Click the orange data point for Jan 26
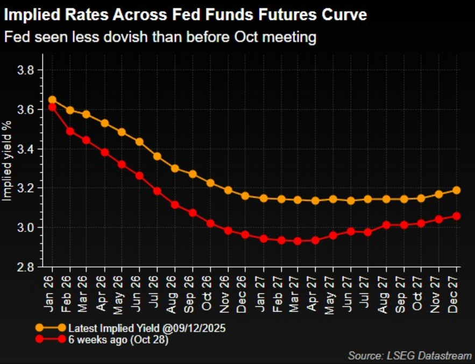point(52,100)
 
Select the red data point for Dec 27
point(456,216)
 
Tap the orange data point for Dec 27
point(456,190)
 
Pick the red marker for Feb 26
point(70,131)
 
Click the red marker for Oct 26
point(210,223)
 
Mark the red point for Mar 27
point(298,241)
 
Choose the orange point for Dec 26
point(245,196)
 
